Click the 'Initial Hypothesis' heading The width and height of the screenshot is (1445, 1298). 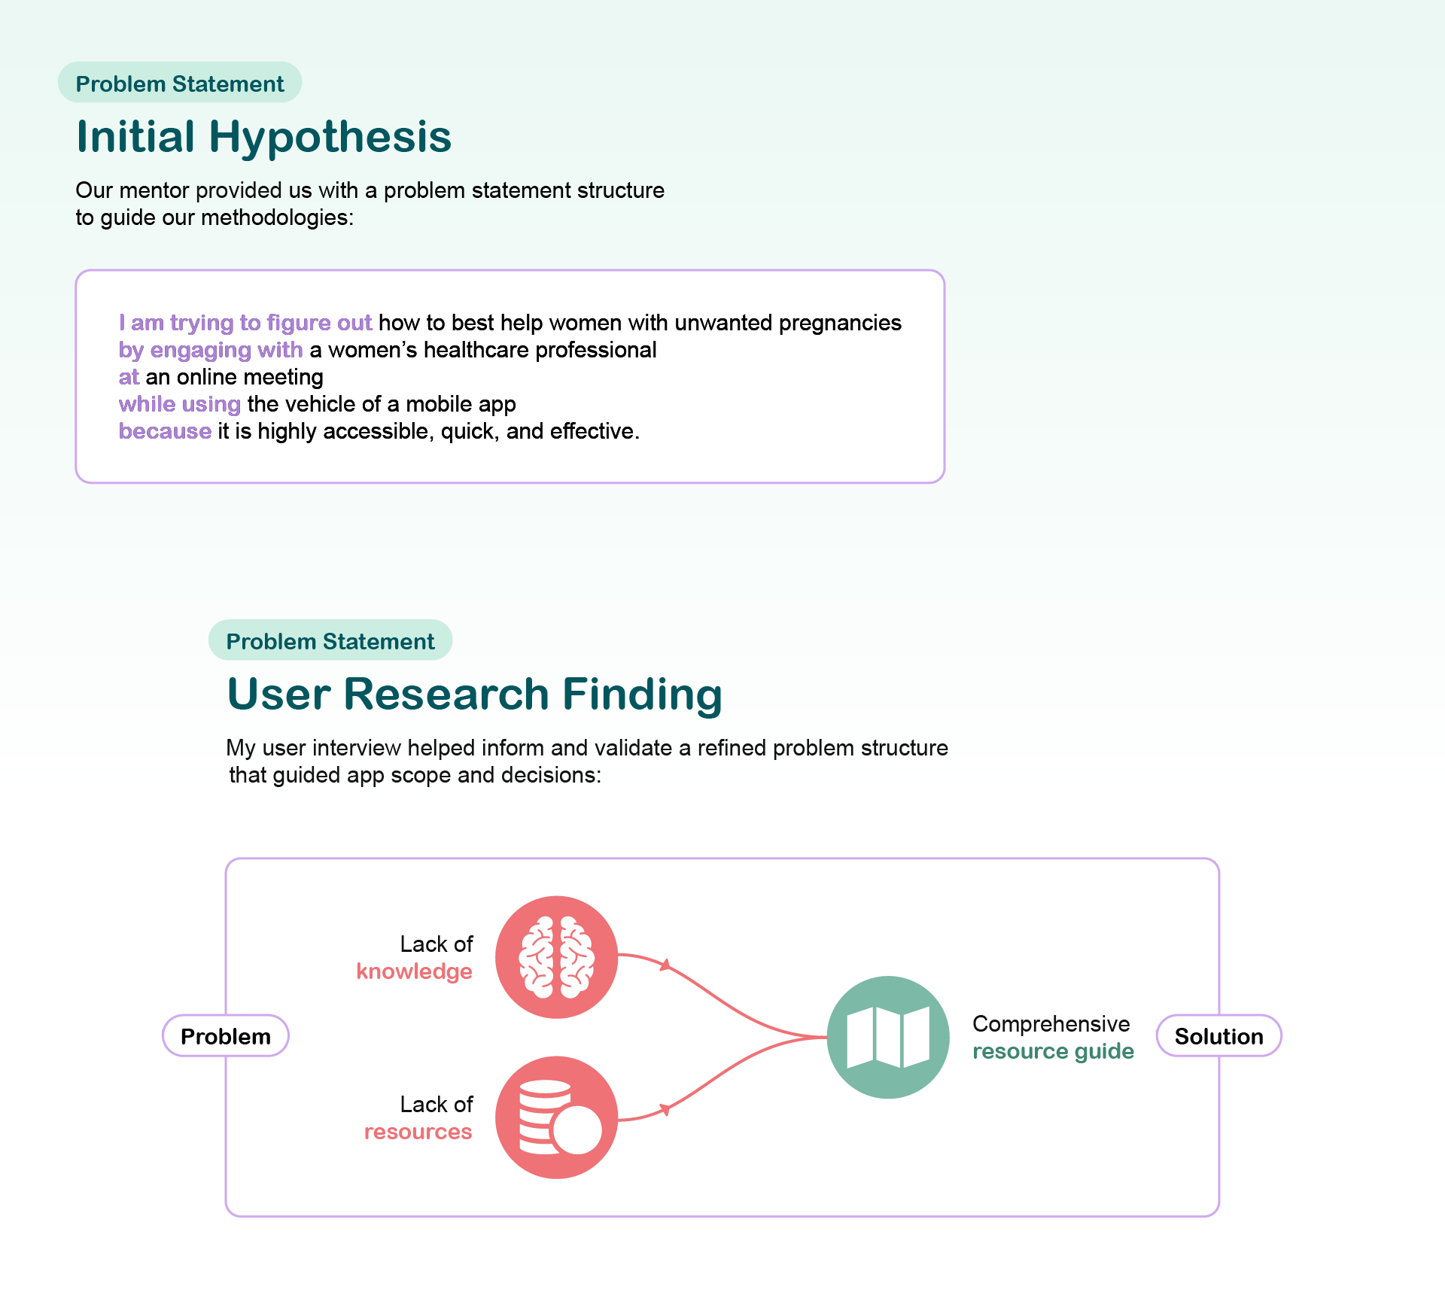point(263,137)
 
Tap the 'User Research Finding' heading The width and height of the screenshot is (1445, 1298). point(474,694)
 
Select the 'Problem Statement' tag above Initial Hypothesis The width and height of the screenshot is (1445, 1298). point(180,84)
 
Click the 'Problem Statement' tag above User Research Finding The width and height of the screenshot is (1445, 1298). point(330,641)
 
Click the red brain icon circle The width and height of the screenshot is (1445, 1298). point(556,957)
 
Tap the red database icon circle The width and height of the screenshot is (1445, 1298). point(556,1117)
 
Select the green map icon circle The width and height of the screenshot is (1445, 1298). point(888,1038)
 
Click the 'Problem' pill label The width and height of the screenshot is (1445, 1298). point(226,1036)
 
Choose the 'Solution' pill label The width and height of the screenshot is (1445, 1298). point(1218,1036)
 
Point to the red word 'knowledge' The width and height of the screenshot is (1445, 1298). point(414,971)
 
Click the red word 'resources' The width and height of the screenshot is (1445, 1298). point(418,1132)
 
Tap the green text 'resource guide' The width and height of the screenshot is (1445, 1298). point(1053,1051)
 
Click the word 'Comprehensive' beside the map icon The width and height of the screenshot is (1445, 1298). point(1051,1024)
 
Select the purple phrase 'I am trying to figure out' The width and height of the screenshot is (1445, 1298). point(245,323)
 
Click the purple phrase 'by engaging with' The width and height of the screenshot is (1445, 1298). point(211,350)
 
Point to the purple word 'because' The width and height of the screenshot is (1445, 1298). point(165,431)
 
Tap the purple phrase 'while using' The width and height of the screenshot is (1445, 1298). point(180,404)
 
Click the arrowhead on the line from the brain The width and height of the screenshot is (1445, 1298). point(665,965)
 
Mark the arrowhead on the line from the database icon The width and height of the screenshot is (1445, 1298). point(665,1109)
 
